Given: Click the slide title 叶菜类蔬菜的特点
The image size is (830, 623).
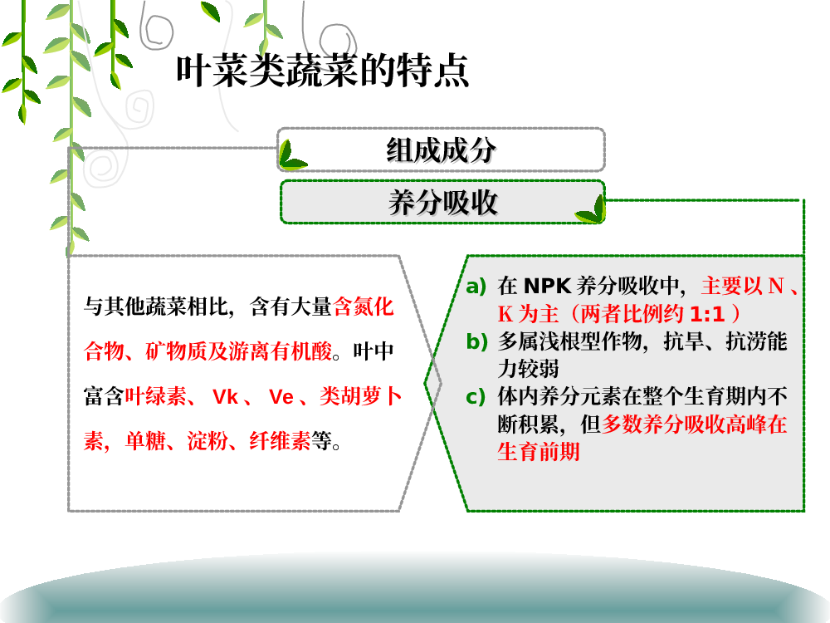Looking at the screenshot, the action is point(322,71).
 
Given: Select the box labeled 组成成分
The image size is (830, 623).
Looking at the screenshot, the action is point(441,150).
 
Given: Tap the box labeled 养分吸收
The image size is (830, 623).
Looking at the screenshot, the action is point(442,202).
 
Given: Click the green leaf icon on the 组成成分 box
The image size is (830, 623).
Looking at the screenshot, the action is point(291,156).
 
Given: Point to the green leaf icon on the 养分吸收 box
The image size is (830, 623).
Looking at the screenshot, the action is point(591,210).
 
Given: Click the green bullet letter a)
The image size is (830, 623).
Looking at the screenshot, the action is point(476,286).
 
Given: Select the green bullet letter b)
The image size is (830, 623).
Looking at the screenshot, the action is point(476,341).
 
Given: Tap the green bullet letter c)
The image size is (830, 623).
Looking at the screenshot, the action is point(476,397).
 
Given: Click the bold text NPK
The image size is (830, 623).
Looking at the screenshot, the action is point(547,286).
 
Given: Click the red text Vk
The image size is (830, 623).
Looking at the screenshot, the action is point(225,396).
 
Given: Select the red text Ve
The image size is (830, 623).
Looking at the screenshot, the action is point(281,396).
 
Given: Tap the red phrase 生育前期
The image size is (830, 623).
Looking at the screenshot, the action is point(539,451).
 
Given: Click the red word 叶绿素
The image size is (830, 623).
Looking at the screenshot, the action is point(156,396).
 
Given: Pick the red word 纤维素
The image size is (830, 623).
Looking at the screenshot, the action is point(280,441).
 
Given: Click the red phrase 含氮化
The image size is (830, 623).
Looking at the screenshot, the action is point(364,307).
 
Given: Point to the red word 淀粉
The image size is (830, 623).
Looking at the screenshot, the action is point(207,441).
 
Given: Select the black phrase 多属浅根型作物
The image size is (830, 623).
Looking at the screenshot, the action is point(569,341).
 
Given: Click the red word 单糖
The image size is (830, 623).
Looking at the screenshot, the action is point(145,441).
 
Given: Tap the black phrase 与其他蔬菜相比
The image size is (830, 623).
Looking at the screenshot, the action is point(156,307).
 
